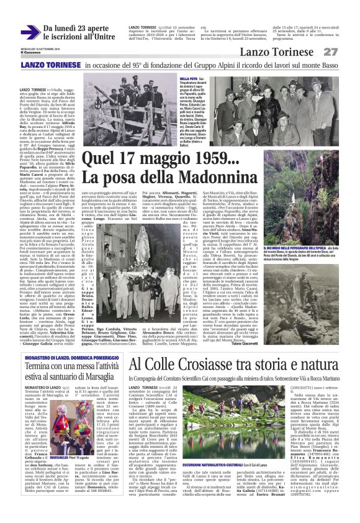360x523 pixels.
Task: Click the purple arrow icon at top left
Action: pyautogui.click(x=30, y=30)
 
